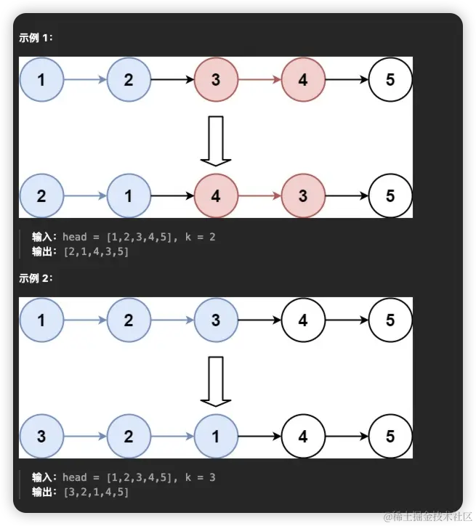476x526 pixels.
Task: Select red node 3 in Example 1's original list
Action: [216, 79]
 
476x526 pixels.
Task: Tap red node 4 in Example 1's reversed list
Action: [216, 196]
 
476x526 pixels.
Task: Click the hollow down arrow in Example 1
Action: [216, 140]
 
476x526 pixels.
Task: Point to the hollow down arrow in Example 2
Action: [216, 381]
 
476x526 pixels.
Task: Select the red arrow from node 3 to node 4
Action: [259, 79]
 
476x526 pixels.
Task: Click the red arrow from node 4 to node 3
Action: [259, 196]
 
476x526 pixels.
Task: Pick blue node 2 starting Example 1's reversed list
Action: [41, 196]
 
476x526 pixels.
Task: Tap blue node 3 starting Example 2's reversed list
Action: [41, 437]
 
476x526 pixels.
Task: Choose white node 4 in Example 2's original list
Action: [303, 320]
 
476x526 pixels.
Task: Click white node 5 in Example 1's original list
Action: [390, 79]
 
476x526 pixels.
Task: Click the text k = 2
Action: [200, 237]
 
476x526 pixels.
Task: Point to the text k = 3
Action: [200, 477]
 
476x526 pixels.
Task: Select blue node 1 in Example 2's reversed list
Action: [216, 437]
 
